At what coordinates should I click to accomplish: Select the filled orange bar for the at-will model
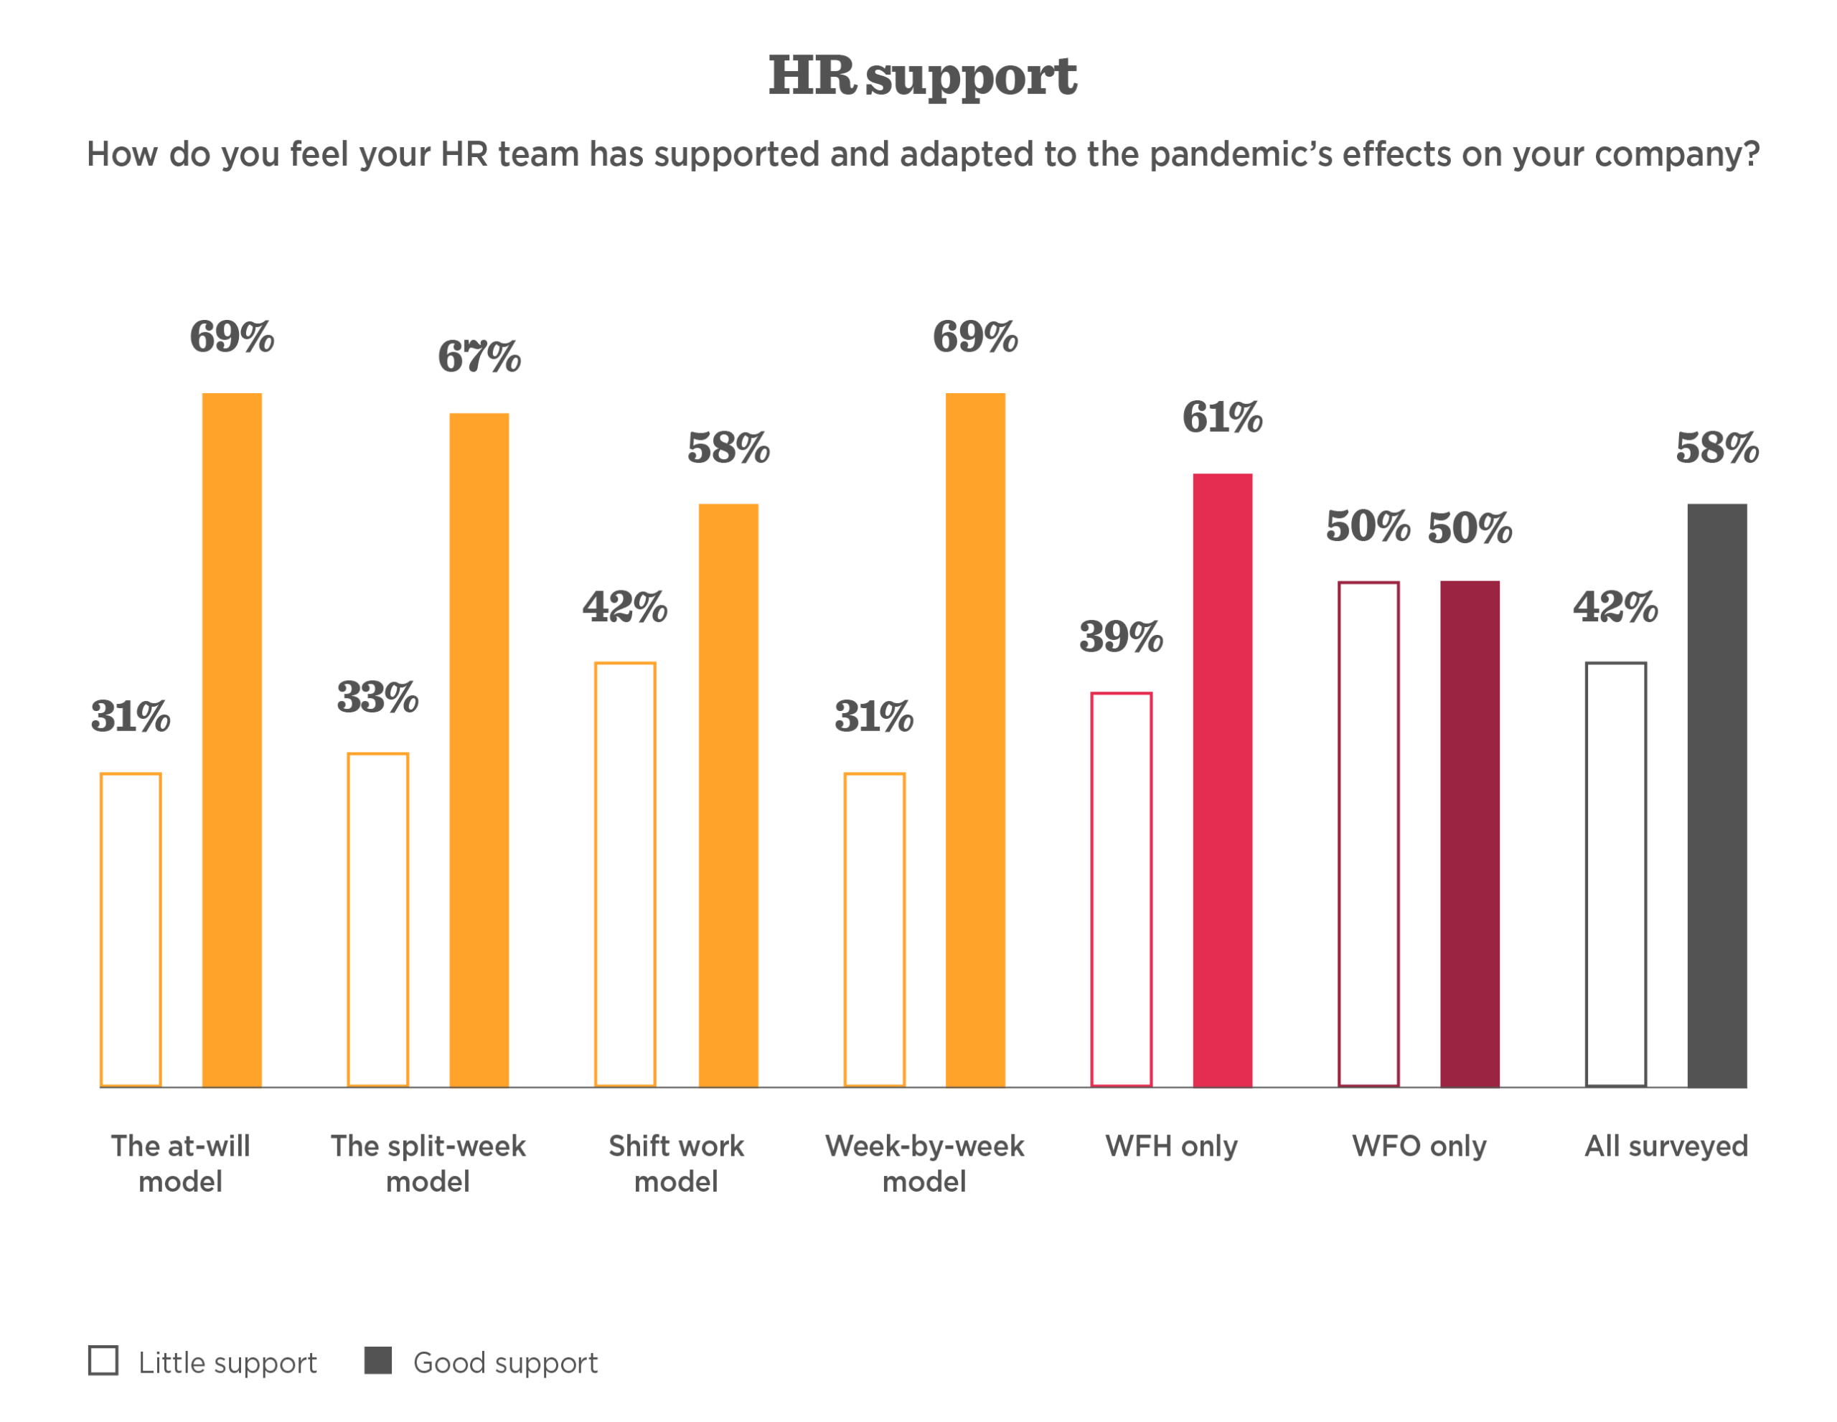pos(232,740)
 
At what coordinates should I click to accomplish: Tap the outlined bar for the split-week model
pos(377,920)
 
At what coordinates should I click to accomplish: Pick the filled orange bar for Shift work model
pos(728,796)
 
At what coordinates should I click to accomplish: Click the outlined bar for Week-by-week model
pos(875,930)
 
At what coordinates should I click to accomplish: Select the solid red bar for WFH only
pos(1222,781)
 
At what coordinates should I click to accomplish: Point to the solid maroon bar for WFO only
pos(1470,834)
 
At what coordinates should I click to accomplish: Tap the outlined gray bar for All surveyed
pos(1587,875)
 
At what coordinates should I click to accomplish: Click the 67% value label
pos(479,357)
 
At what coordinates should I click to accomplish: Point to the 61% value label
pos(1222,417)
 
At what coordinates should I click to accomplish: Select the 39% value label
pos(1121,636)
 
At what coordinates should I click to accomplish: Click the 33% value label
pos(377,697)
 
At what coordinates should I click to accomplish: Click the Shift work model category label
pos(676,1164)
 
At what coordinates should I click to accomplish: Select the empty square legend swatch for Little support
pos(103,1360)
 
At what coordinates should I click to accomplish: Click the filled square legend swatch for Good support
pos(377,1360)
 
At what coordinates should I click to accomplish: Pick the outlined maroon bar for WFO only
pos(1340,834)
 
